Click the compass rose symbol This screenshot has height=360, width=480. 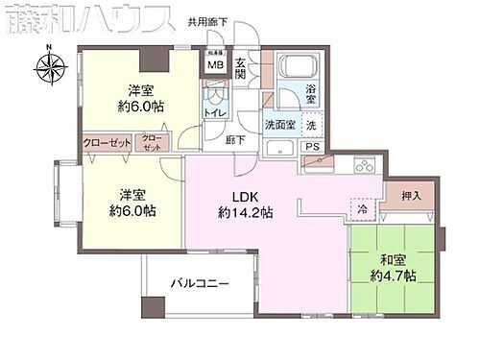pos(49,69)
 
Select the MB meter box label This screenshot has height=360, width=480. pos(215,66)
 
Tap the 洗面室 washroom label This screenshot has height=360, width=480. pos(280,125)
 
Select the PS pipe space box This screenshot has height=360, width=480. pos(311,147)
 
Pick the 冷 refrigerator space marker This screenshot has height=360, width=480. pos(362,207)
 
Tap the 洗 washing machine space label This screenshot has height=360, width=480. pos(310,126)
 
